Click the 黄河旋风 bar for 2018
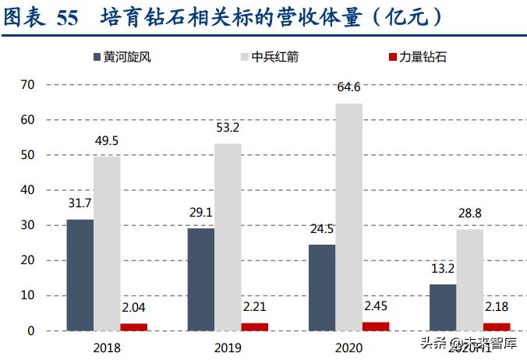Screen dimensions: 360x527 click(x=80, y=275)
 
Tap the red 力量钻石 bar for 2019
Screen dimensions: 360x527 click(x=254, y=326)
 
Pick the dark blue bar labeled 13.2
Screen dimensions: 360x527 click(x=443, y=307)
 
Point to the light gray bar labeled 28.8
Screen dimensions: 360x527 click(x=470, y=280)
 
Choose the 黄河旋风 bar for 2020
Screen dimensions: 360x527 click(x=322, y=288)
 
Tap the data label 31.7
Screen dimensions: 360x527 click(x=80, y=204)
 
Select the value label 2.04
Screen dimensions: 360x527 click(x=133, y=308)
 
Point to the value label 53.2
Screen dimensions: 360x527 click(x=228, y=128)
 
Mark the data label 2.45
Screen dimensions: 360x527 click(x=376, y=306)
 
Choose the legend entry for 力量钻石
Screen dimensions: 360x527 click(x=417, y=57)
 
